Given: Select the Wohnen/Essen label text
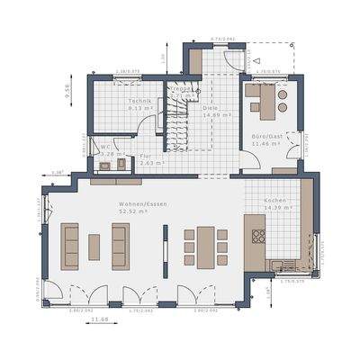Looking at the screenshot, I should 138,204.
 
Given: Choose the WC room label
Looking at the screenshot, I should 105,147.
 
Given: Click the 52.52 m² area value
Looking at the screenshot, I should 138,212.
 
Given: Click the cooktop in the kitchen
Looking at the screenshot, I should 259,237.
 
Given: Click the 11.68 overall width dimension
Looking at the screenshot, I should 103,319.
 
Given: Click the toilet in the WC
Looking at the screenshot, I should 103,166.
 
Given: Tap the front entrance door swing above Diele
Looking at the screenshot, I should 230,60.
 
